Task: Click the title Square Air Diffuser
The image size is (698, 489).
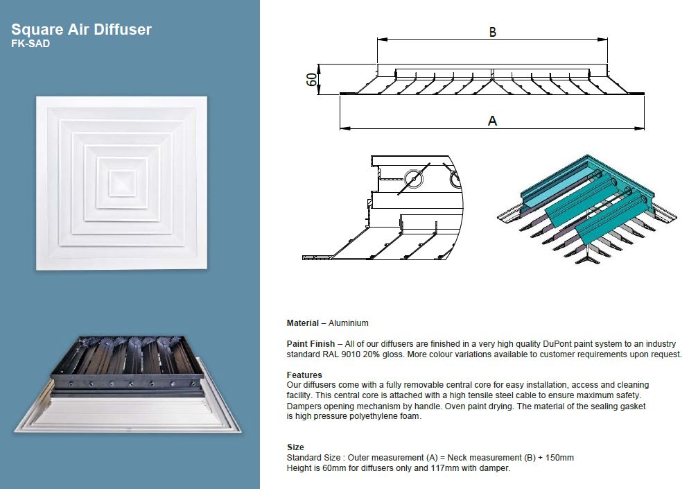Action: click(x=82, y=29)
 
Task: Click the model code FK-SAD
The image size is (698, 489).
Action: click(x=30, y=44)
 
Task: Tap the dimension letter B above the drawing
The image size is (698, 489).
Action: click(x=492, y=32)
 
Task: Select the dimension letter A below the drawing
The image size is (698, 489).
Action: click(x=492, y=121)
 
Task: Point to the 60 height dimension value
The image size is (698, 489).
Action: click(x=312, y=79)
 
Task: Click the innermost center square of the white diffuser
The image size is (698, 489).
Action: click(x=123, y=182)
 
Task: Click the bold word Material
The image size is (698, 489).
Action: click(x=303, y=323)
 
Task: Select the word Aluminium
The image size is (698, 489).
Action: click(x=349, y=323)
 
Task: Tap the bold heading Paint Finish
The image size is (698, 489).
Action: click(x=311, y=344)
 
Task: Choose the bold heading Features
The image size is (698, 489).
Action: click(x=304, y=375)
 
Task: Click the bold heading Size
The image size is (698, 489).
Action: click(x=295, y=447)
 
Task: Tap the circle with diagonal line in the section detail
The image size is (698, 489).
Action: click(x=414, y=179)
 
